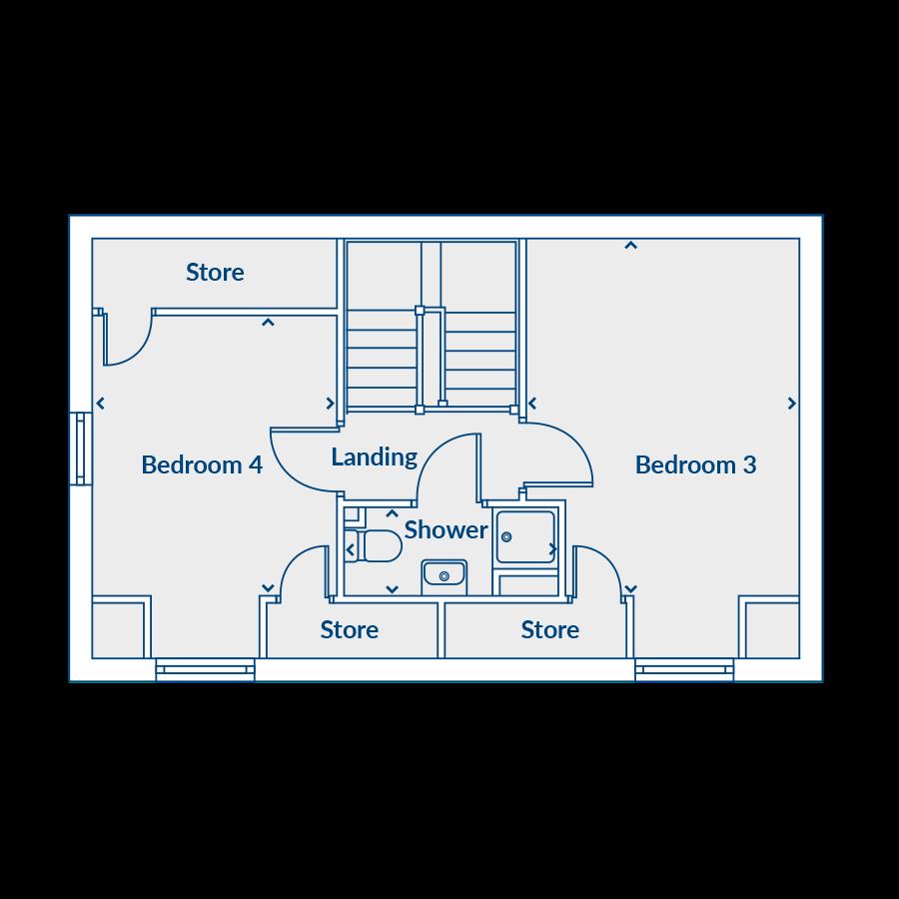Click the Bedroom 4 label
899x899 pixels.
tap(202, 464)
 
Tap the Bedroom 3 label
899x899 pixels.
tap(695, 464)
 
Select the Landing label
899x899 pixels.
tap(374, 457)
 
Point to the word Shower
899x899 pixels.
tap(446, 529)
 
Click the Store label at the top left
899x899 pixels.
tap(215, 272)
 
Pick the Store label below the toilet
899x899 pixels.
tap(350, 629)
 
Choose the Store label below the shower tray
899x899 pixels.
tap(549, 629)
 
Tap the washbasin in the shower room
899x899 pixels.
tap(444, 575)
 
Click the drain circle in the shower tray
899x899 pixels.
tap(506, 537)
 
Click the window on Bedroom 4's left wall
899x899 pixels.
tap(80, 449)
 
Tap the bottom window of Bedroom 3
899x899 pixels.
tap(684, 669)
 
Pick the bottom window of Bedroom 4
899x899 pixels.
tap(205, 669)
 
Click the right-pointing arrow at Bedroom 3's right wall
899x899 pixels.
tap(792, 404)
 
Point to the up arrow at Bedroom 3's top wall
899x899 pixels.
tap(630, 245)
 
